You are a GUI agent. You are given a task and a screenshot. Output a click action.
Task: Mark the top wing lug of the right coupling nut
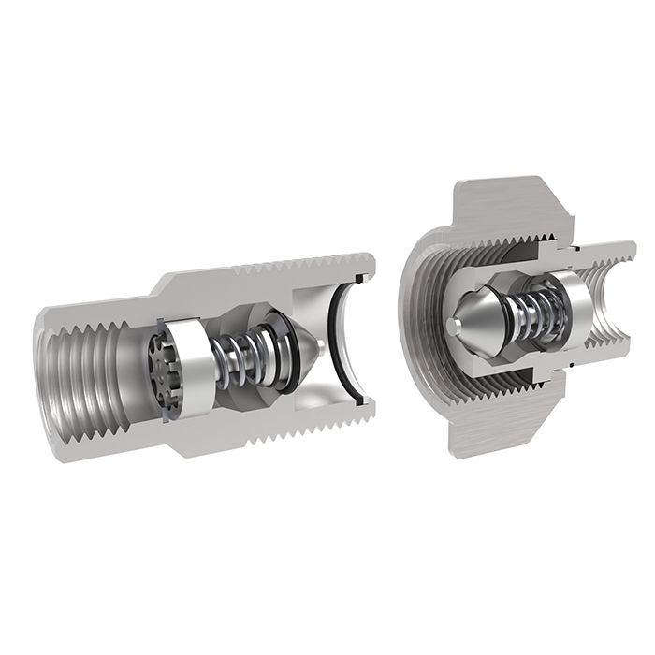[505, 201]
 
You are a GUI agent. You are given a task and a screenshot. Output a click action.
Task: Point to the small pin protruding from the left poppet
[320, 344]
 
